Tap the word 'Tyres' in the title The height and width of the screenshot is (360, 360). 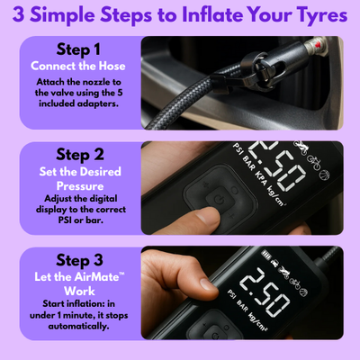tap(310, 15)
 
